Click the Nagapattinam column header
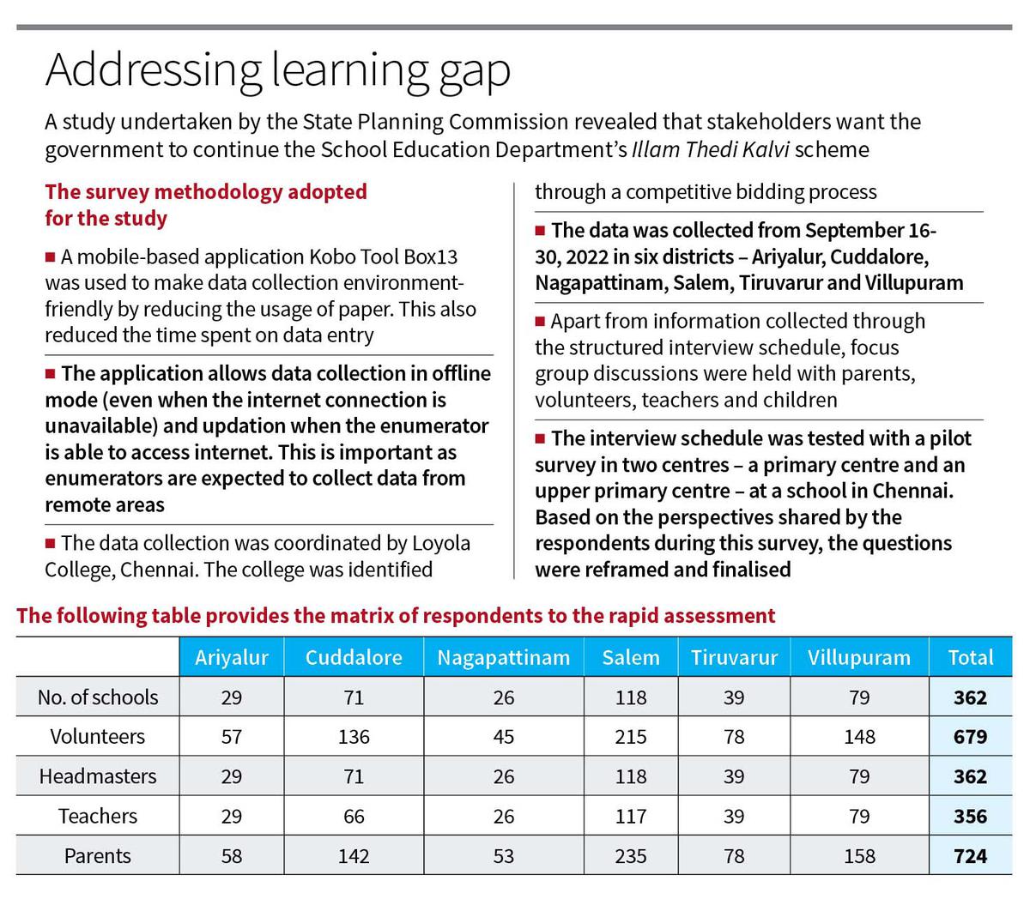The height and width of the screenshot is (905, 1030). point(503,658)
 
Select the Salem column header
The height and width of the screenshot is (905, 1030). point(630,658)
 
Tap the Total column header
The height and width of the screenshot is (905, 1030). point(970,658)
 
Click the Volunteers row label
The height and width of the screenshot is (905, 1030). point(98,736)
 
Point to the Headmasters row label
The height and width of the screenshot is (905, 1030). point(98,776)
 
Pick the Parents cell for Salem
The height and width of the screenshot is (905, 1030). point(630,856)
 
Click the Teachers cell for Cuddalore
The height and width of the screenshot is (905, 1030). point(354,816)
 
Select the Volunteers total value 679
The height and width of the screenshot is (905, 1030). point(970,736)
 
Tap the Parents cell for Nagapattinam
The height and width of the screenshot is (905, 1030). point(503,856)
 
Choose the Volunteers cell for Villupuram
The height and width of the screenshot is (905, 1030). point(859,736)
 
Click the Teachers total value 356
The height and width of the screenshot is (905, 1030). point(970,816)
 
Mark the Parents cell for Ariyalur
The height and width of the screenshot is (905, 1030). point(231,856)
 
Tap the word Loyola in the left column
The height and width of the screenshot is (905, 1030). point(440,543)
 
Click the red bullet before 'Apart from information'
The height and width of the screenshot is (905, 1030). point(540,321)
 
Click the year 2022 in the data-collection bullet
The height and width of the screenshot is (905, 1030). point(586,257)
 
